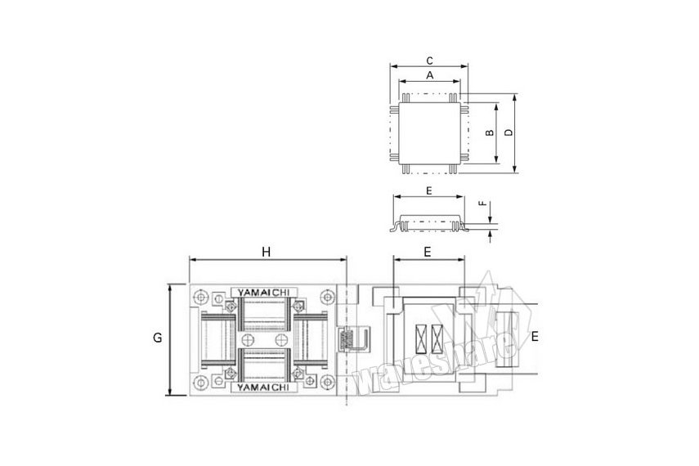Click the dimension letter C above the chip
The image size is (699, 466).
(429, 60)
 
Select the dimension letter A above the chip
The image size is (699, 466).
(430, 75)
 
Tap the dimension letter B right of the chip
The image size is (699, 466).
(489, 132)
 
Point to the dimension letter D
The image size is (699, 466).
(509, 132)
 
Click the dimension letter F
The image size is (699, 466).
(482, 204)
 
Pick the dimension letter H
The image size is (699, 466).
(267, 252)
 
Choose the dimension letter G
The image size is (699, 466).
(157, 338)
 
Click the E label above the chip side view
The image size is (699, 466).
(429, 190)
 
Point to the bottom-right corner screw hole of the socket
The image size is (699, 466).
(328, 382)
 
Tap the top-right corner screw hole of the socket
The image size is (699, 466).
(328, 297)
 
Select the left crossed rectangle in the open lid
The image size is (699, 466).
(421, 338)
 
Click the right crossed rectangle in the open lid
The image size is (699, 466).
(437, 338)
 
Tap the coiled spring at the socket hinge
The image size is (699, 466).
(343, 339)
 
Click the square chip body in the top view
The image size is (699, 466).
(430, 133)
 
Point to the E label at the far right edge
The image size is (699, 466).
(535, 336)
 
